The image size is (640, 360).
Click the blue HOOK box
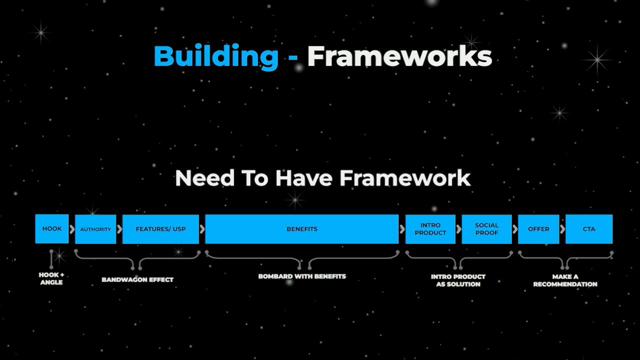pos(52,229)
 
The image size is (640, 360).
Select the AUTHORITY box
pos(95,229)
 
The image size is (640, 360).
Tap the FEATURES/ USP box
pos(160,229)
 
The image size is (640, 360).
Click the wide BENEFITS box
pos(302,229)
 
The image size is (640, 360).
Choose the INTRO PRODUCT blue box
pos(430,229)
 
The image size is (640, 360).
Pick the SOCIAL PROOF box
pos(486,229)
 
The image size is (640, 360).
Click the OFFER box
pos(538,229)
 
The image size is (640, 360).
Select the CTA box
pos(589,229)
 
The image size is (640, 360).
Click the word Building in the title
pos(216,56)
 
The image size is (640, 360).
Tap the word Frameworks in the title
pos(399,56)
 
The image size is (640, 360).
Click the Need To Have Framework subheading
pos(322,178)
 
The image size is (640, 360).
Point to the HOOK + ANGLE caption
pos(51,278)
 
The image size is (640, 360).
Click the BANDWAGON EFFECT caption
pos(137,279)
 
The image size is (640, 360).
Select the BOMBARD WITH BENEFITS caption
pos(302,276)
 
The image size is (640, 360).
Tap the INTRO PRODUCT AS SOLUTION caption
pos(458,280)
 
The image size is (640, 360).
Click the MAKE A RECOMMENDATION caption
pos(565,280)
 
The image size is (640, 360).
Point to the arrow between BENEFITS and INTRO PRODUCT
pos(402,229)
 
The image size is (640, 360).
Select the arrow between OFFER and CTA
pos(562,229)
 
